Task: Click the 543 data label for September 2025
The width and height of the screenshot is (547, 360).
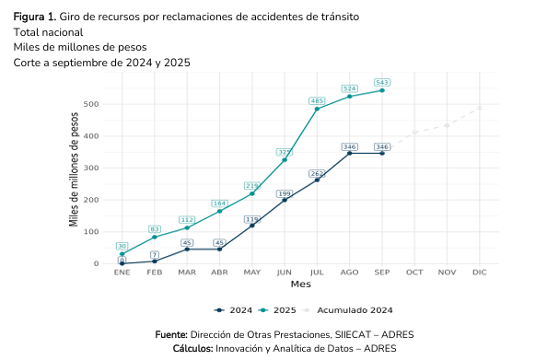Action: click(x=382, y=82)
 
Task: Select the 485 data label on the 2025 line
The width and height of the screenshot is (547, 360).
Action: click(x=317, y=100)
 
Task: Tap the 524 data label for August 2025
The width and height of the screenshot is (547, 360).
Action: click(x=349, y=88)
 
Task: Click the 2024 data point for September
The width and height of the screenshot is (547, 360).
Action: click(x=382, y=153)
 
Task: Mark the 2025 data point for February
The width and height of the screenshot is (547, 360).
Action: click(x=154, y=237)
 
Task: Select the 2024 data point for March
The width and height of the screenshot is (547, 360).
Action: click(x=187, y=250)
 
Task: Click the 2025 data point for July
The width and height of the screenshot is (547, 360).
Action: click(x=317, y=109)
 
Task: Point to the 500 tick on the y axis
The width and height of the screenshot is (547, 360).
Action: click(x=90, y=104)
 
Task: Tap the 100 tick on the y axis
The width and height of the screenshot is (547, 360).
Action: click(x=90, y=232)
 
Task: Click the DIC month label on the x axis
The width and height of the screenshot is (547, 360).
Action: click(x=479, y=273)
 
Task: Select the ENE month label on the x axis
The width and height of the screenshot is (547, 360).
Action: click(x=122, y=273)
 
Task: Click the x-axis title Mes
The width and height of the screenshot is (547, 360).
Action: click(x=300, y=285)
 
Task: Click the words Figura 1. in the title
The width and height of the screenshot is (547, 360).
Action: click(x=34, y=17)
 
